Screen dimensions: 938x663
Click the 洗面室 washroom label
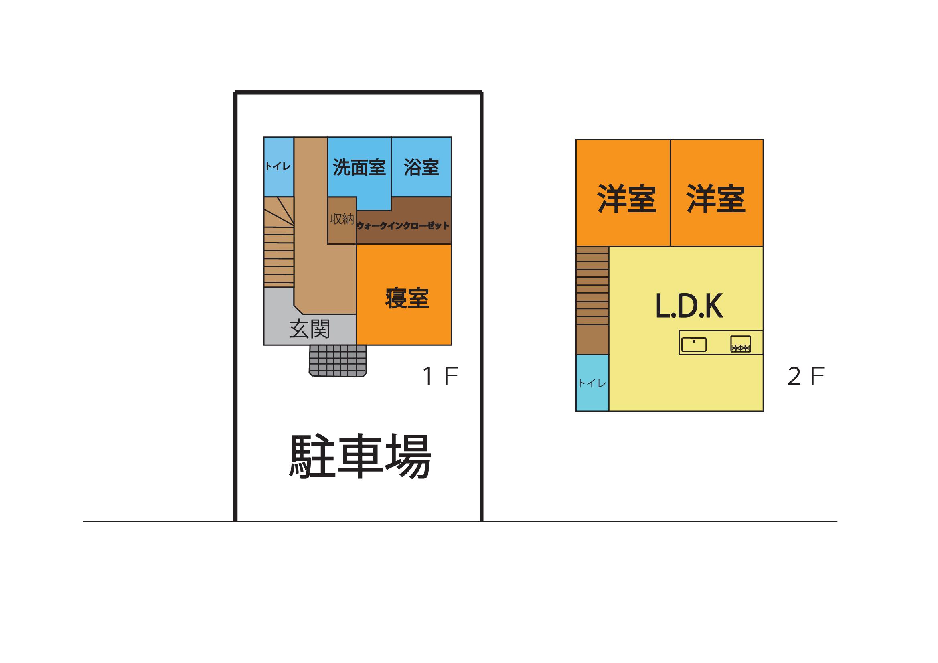tap(359, 168)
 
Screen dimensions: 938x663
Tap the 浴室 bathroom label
tap(421, 168)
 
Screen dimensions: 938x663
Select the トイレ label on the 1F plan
tap(278, 166)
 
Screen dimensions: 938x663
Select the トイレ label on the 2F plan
tap(592, 383)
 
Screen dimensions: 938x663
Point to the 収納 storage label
tap(342, 219)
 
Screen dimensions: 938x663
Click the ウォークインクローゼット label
tap(403, 226)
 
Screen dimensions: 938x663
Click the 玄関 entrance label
tap(310, 329)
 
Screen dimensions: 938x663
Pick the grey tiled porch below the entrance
tap(337, 361)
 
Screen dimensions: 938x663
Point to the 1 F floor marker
tap(440, 376)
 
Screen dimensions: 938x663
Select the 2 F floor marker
tap(806, 376)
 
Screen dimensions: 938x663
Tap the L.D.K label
tap(689, 306)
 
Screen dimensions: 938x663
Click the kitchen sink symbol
tap(694, 344)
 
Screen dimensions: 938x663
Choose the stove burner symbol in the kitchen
tap(741, 344)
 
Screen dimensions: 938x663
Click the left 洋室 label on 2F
tap(627, 199)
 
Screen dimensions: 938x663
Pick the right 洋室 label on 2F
tap(716, 199)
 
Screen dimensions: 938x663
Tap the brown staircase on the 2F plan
tap(592, 300)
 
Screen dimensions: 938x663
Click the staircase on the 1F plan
tap(279, 242)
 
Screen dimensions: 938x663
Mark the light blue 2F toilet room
tap(592, 382)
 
